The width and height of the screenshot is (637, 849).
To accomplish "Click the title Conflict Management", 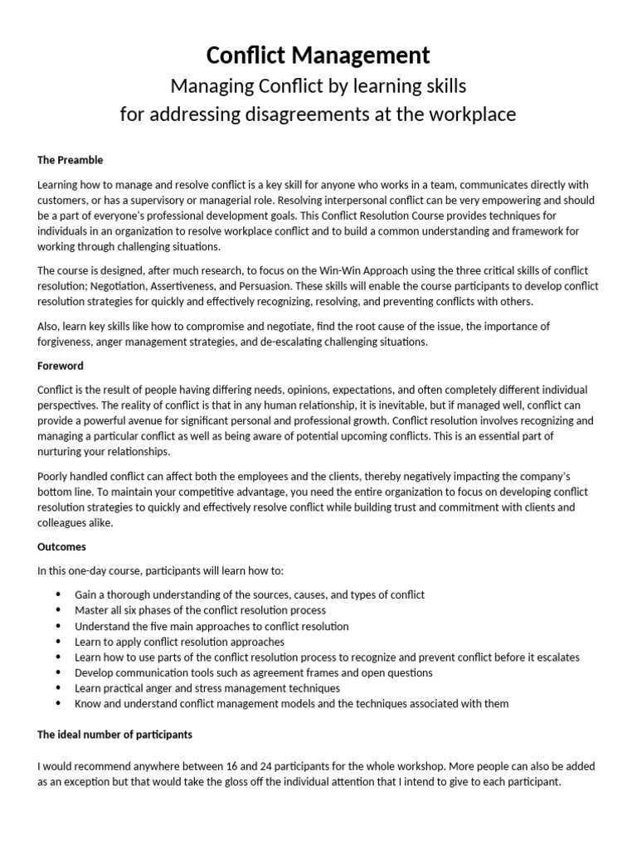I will (318, 56).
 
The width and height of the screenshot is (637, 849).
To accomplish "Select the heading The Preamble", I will (71, 160).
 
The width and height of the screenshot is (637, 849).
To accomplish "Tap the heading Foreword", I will (61, 366).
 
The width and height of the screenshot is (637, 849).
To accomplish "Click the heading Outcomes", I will (62, 547).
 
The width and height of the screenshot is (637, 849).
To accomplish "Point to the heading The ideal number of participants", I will (116, 735).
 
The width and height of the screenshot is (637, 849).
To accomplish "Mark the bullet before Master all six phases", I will (58, 611).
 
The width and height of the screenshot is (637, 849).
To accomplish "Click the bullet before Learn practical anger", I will (58, 688).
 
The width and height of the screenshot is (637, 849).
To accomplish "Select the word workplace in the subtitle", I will (469, 114).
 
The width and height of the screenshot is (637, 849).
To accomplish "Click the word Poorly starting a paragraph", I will (56, 475).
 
